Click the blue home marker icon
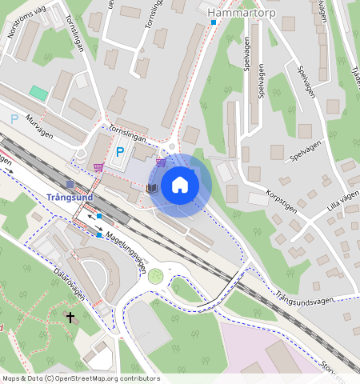pos(181,186)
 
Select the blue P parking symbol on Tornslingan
pos(120,152)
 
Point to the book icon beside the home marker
pos(152,188)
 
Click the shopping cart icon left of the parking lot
pos(98,167)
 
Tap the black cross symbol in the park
pos(70,318)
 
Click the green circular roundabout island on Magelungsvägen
pos(155,276)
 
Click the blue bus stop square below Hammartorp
pos(214,22)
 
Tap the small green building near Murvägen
pos(38,93)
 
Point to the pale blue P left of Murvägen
pos(14,119)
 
